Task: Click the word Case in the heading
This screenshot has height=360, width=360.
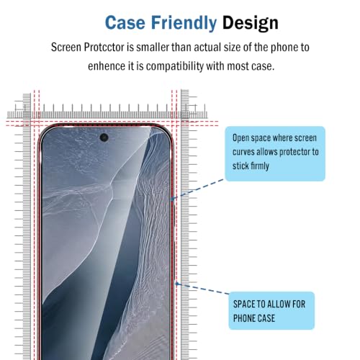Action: pos(125,23)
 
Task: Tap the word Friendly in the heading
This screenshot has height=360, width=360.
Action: pos(184,23)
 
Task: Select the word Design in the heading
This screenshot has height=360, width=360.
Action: pos(251,23)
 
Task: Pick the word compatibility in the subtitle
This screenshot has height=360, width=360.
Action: pos(175,66)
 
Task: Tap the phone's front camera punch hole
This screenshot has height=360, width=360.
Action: pos(104,138)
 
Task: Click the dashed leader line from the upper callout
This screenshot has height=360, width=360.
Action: pos(197,189)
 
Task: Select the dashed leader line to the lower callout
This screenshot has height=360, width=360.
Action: pos(203,289)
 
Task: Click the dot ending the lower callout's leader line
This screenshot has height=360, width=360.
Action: pos(177,284)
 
